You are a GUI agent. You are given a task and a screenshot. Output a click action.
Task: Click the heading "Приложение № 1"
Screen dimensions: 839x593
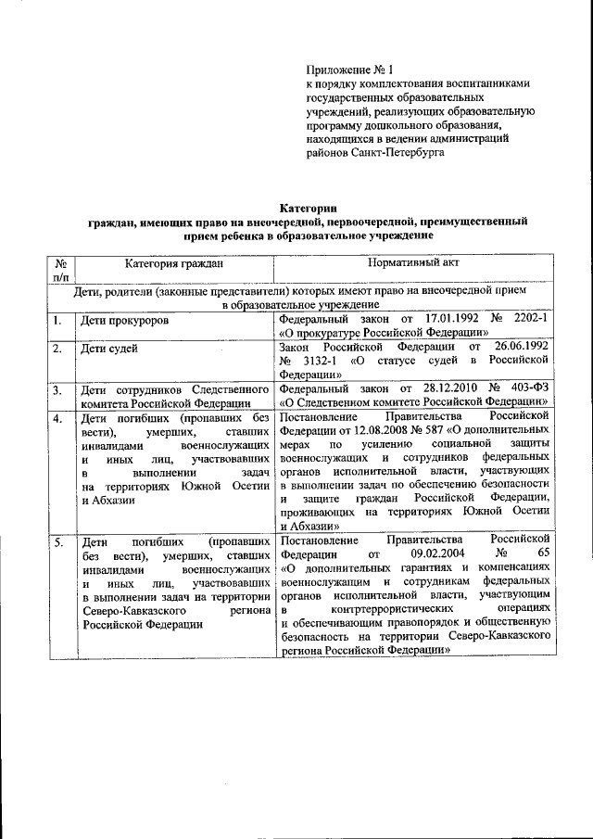click(349, 70)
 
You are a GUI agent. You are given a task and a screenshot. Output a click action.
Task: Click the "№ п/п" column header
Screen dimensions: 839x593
click(61, 271)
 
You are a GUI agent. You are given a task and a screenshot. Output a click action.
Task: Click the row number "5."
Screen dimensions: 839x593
click(57, 541)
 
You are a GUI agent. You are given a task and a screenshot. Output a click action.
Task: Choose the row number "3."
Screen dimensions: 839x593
click(57, 390)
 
